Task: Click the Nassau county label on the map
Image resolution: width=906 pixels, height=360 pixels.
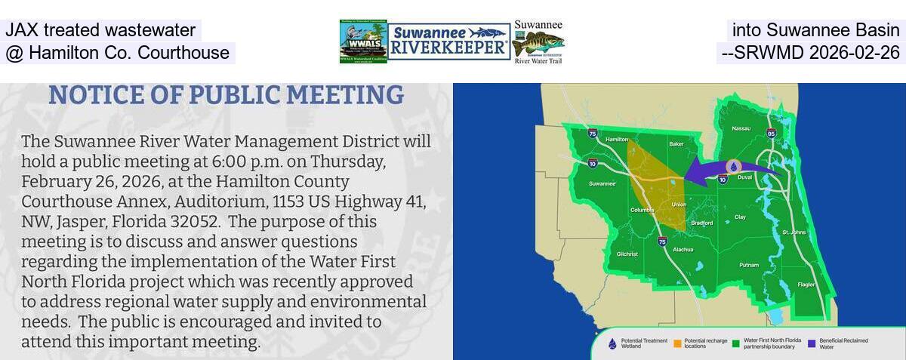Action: pyautogui.click(x=741, y=128)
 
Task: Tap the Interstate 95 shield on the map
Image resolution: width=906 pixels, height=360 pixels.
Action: pyautogui.click(x=770, y=134)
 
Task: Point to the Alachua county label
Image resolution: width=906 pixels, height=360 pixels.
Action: pyautogui.click(x=683, y=250)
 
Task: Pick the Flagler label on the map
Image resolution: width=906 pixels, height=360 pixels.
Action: pyautogui.click(x=806, y=285)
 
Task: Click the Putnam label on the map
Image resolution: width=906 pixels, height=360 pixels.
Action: pyautogui.click(x=748, y=265)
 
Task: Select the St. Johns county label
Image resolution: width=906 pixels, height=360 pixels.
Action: pyautogui.click(x=794, y=232)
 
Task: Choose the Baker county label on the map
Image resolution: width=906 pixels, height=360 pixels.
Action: pyautogui.click(x=676, y=143)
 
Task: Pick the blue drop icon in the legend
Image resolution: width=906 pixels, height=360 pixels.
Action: pyautogui.click(x=612, y=343)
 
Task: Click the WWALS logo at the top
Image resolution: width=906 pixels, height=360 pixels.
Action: pyautogui.click(x=363, y=42)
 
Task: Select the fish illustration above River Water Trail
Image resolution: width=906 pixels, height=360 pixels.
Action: pyautogui.click(x=538, y=43)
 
